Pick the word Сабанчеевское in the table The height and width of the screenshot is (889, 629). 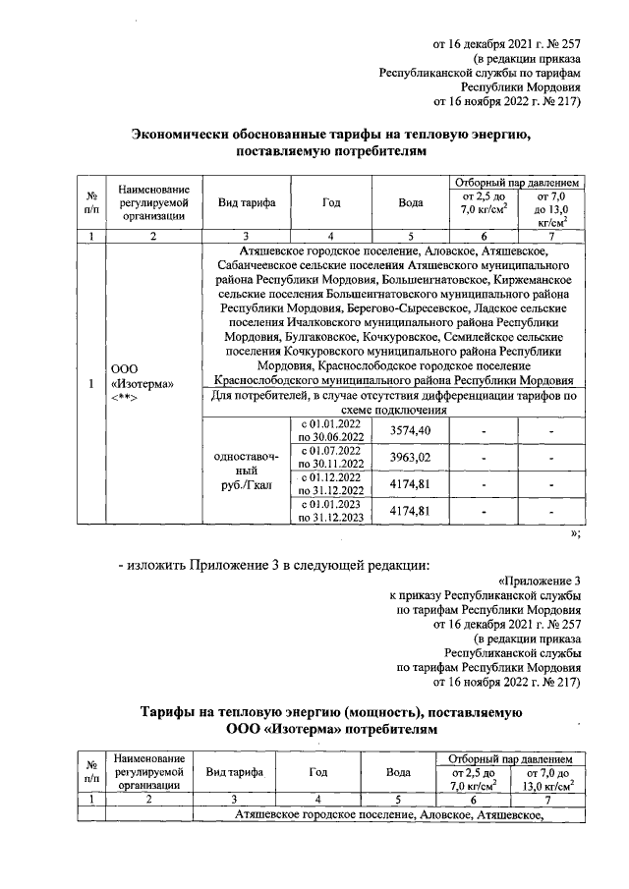[248, 265]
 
